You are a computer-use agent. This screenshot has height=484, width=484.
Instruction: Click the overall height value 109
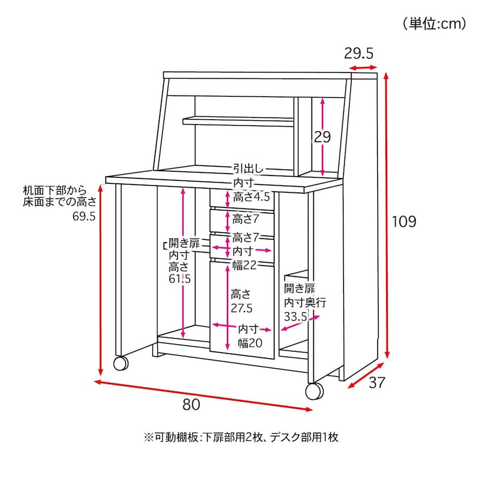tap(404, 221)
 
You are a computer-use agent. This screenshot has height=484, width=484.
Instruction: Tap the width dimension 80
tap(191, 404)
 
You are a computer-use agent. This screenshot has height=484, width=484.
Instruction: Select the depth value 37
tap(377, 383)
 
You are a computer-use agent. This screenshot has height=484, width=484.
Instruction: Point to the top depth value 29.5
tap(359, 53)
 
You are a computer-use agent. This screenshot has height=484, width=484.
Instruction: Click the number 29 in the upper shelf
tap(322, 137)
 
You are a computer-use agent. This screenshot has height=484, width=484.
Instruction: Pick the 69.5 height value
tap(84, 217)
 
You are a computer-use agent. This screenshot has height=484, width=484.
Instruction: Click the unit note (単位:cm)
tap(434, 24)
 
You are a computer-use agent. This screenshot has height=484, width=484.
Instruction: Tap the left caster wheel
tap(120, 364)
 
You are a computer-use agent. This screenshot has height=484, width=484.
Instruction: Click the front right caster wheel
tap(315, 391)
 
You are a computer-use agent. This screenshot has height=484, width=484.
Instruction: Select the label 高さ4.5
tap(251, 197)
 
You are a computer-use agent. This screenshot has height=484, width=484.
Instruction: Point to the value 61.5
tap(180, 279)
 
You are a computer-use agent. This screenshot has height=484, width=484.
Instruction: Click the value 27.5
tap(241, 308)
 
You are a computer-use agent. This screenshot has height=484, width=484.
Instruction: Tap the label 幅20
tap(250, 343)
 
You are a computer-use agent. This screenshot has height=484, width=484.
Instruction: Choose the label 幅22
tap(244, 265)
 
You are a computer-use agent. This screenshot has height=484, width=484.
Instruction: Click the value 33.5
tap(295, 316)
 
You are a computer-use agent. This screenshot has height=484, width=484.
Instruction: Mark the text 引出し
tap(248, 169)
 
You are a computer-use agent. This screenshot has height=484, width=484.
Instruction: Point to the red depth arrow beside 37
tap(366, 375)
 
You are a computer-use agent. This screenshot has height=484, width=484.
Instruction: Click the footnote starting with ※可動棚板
tap(241, 437)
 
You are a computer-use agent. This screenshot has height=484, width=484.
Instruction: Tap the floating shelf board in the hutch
tap(238, 121)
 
